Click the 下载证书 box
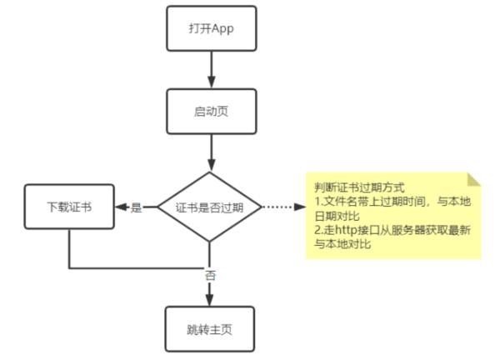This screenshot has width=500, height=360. point(68,206)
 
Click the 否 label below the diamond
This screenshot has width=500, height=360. point(210,274)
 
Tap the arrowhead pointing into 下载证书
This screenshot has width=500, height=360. point(117,207)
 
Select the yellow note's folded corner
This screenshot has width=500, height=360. point(474,178)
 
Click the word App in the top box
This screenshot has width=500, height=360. point(222,30)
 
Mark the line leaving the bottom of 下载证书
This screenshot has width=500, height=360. point(69,248)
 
